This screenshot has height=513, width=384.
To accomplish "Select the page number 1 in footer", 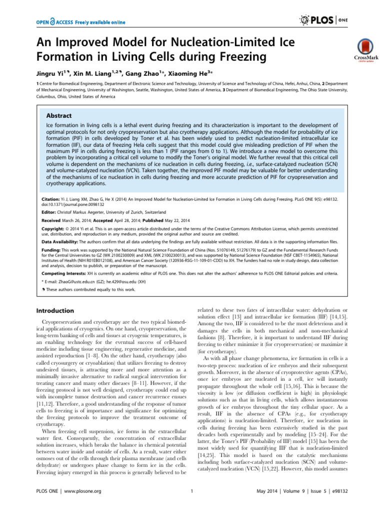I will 192,504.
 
